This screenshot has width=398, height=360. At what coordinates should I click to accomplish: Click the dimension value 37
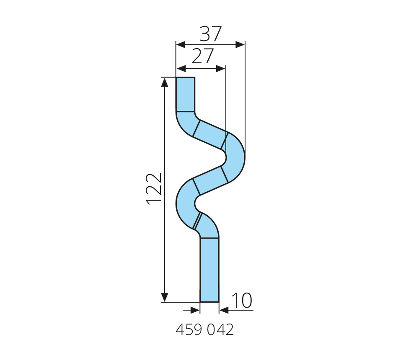coord(210,34)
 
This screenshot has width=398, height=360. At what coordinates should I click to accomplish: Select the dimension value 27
coord(203,57)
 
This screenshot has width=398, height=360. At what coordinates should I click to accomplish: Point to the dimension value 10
coord(242,301)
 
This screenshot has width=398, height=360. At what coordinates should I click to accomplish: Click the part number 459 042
coord(204,329)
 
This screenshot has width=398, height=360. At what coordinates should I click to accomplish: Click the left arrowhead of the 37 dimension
coord(181,45)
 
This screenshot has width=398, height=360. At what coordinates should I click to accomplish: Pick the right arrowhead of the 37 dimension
coord(240,45)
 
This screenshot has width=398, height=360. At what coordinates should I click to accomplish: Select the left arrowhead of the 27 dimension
coord(181,69)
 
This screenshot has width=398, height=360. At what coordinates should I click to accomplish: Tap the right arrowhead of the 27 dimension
coord(220,69)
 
